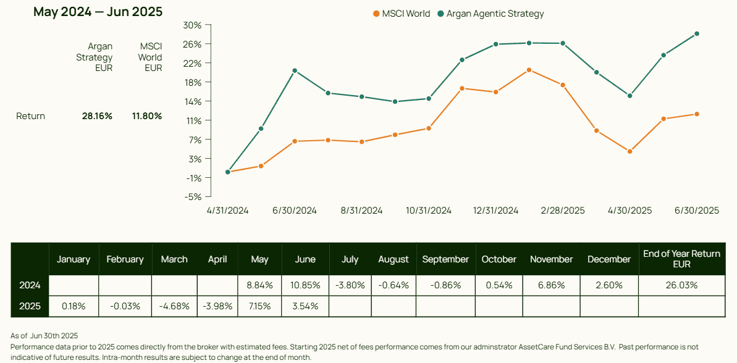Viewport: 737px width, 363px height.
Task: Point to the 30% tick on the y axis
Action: click(x=193, y=25)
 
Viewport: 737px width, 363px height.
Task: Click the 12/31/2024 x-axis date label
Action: click(x=495, y=211)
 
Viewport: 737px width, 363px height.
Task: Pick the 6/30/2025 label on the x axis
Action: click(x=696, y=211)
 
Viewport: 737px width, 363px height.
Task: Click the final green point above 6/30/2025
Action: click(x=697, y=34)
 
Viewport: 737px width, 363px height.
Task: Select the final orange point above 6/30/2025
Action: click(x=697, y=114)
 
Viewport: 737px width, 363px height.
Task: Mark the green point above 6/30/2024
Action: click(x=295, y=70)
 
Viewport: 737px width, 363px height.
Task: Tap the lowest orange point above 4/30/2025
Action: click(x=630, y=151)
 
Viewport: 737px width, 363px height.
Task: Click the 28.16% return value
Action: click(x=97, y=116)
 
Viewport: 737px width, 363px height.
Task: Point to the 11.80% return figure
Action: click(x=146, y=116)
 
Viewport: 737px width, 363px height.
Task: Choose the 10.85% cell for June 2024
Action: click(x=305, y=285)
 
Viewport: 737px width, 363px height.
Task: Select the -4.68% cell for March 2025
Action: click(x=174, y=306)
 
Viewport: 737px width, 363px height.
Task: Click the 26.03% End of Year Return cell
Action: click(x=681, y=285)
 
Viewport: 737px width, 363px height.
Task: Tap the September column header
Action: click(x=445, y=259)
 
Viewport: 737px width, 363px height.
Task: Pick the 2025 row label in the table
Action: click(x=30, y=306)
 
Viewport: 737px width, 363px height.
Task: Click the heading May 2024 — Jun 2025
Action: click(x=98, y=12)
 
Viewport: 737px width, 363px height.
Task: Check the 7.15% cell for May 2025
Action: click(x=259, y=306)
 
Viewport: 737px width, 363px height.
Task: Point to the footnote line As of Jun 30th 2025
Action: click(x=44, y=336)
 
